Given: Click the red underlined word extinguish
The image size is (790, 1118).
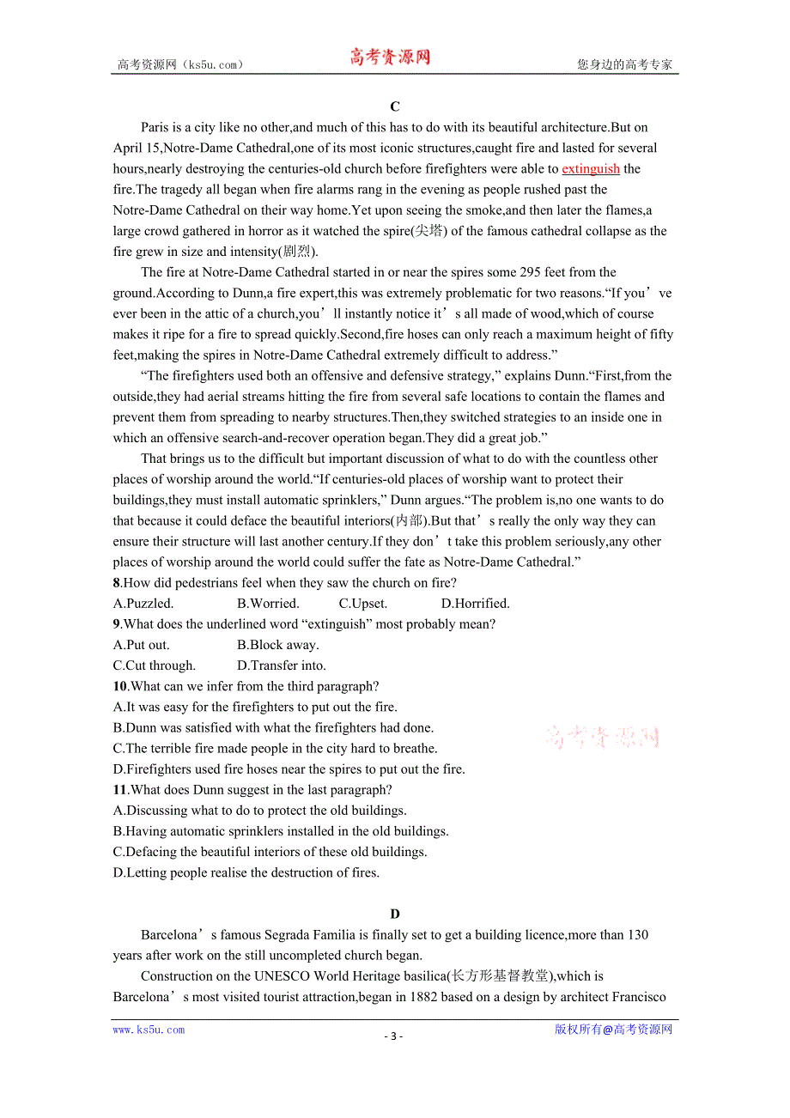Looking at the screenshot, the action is coord(590,169).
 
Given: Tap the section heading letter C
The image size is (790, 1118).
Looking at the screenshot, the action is coord(395,106).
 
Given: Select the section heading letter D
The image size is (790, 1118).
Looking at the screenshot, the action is coord(395,914).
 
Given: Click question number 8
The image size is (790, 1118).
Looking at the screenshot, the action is coord(117,583).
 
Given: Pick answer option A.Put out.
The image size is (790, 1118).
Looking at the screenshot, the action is coord(142,645).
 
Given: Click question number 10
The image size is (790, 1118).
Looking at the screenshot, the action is coord(120,686).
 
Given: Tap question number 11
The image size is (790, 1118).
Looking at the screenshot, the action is coord(120,790).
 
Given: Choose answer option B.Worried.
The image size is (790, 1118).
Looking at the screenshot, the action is coord(268,604).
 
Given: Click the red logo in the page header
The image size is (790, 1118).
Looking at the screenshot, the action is coord(390,58).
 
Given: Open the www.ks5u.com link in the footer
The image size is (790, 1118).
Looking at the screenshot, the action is coord(149,1030).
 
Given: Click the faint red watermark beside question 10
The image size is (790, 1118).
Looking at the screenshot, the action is coord(602,737).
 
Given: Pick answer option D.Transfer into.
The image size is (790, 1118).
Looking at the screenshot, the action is coord(282,665).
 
